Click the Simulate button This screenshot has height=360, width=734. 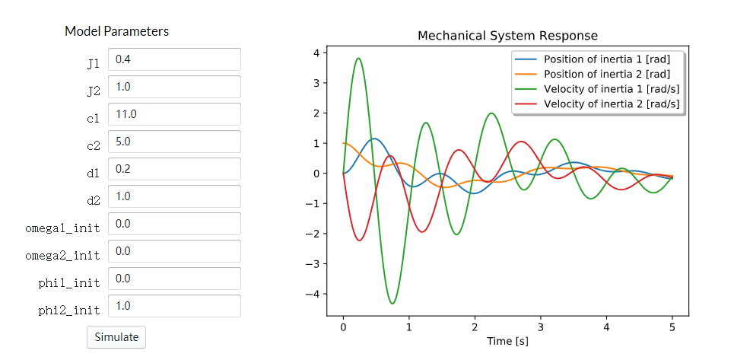click(116, 336)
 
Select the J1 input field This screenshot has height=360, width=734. click(174, 59)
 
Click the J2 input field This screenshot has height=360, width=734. click(174, 87)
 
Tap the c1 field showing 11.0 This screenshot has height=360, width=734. click(174, 114)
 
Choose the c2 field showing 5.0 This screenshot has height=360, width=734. click(174, 142)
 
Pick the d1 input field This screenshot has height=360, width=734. click(174, 169)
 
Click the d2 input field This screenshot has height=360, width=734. click(174, 196)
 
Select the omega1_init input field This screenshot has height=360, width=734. click(174, 224)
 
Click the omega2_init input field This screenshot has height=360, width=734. click(174, 251)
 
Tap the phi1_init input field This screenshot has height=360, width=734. click(174, 279)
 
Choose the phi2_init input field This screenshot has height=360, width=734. click(174, 306)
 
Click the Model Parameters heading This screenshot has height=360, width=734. click(116, 31)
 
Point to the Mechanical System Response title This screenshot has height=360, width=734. click(507, 36)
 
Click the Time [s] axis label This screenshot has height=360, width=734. click(507, 341)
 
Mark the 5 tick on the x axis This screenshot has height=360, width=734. click(672, 326)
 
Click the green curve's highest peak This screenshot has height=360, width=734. click(358, 58)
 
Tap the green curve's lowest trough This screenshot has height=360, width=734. click(392, 304)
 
